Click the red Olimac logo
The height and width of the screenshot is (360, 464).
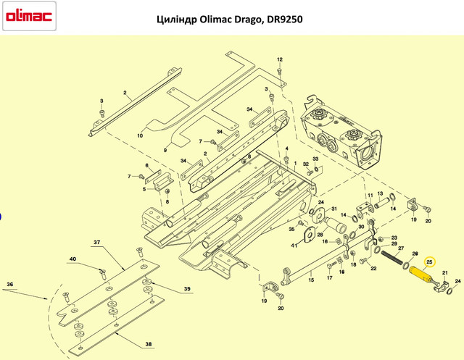[29, 16]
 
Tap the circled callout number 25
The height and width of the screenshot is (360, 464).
[429, 262]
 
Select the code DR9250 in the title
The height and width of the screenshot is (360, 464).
[285, 20]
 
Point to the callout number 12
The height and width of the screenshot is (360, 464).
[280, 59]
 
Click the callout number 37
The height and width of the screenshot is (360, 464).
[96, 242]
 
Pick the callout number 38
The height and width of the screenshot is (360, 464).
[148, 344]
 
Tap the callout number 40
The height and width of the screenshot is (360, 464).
[72, 259]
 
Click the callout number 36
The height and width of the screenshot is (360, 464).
[9, 285]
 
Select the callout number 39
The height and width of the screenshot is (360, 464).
[187, 289]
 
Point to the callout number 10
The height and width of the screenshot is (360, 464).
[140, 135]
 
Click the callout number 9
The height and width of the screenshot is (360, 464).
[165, 150]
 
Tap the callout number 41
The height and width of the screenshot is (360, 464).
[294, 246]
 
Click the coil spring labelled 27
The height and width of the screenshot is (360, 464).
[391, 257]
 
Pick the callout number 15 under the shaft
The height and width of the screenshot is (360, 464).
[311, 280]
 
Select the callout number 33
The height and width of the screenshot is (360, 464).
[315, 159]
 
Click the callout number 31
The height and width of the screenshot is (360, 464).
[334, 209]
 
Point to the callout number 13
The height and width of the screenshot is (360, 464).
[380, 193]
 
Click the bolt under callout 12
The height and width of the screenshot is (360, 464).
[279, 71]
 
